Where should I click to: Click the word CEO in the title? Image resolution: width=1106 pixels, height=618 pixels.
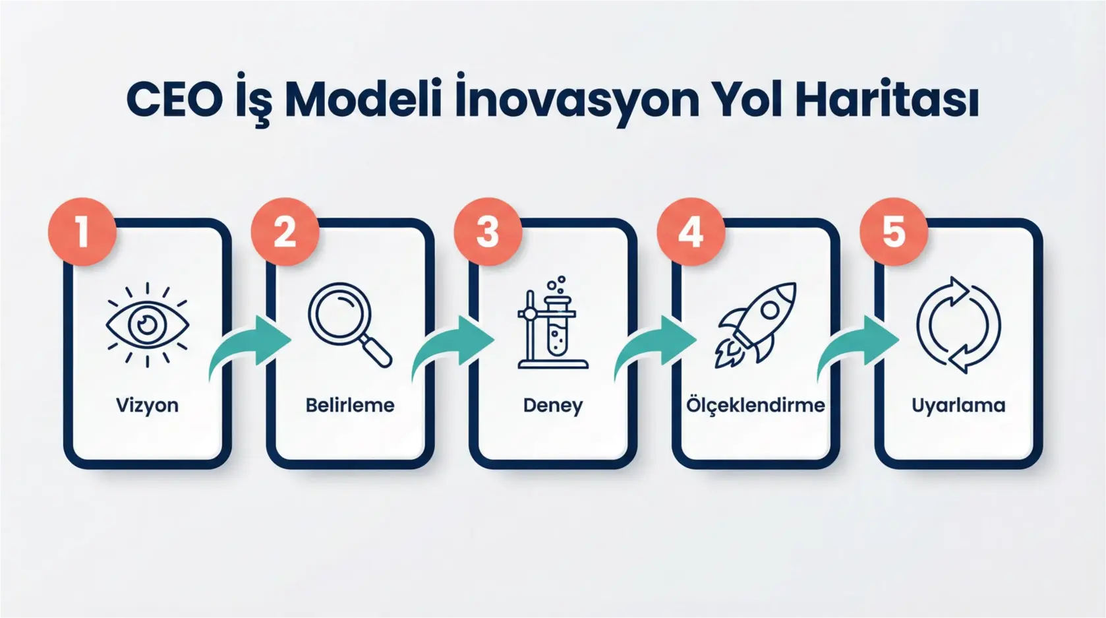click(x=174, y=100)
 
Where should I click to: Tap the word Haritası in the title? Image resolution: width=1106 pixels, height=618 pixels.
click(x=887, y=100)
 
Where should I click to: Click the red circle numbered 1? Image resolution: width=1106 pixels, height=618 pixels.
click(x=82, y=232)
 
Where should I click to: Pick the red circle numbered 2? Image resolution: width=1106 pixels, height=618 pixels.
click(x=285, y=232)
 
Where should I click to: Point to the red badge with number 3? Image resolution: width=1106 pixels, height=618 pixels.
click(x=488, y=232)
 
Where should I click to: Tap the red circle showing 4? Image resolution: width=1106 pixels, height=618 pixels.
click(x=691, y=232)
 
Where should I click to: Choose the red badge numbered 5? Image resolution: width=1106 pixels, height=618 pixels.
click(x=894, y=232)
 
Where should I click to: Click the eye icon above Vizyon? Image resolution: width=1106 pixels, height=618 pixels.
click(x=147, y=324)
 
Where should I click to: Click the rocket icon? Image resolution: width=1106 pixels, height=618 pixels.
click(x=755, y=324)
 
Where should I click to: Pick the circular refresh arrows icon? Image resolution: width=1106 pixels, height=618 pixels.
click(x=958, y=324)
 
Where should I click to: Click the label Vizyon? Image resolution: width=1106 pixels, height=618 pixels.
click(x=147, y=405)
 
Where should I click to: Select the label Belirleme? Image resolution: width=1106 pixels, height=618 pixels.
click(x=349, y=405)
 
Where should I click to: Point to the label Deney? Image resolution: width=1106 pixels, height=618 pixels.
click(x=552, y=405)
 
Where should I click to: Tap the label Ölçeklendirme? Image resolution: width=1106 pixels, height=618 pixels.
click(x=755, y=405)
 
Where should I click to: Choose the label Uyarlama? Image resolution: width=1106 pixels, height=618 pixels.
click(x=958, y=405)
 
